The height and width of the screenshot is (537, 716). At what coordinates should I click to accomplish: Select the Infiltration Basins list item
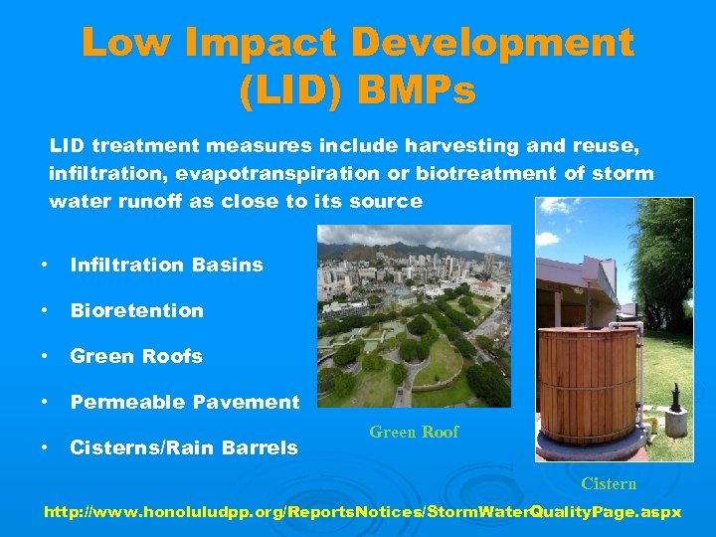(x=166, y=266)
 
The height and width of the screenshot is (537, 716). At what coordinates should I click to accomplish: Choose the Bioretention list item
(x=136, y=311)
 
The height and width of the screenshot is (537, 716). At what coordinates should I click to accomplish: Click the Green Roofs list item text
(x=136, y=357)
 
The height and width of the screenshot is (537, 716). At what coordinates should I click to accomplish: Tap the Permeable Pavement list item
(x=184, y=403)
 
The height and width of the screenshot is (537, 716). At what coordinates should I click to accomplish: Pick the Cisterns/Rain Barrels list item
(x=183, y=448)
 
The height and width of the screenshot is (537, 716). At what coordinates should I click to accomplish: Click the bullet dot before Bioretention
(x=45, y=311)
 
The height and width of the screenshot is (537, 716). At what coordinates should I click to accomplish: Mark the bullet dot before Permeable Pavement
(x=45, y=403)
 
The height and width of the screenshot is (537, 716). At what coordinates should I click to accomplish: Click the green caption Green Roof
(x=414, y=433)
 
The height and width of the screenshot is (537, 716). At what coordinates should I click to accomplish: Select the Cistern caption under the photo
(x=609, y=484)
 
